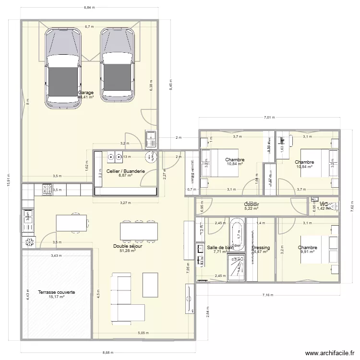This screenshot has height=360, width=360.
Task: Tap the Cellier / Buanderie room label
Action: coord(125,170)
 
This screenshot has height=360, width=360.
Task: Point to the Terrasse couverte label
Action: coord(56,292)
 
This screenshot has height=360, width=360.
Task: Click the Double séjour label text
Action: coord(128,246)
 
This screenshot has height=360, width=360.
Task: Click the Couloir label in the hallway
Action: coord(252,204)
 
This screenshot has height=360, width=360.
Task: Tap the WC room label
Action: coord(324,204)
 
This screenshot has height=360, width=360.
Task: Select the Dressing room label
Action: coord(261,248)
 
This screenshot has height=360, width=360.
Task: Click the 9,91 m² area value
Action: coord(308,252)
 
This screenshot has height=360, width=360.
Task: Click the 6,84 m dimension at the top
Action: coord(89,8)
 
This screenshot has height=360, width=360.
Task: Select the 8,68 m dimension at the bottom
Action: coord(108,352)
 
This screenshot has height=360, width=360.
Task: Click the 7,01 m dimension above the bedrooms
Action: coord(269,118)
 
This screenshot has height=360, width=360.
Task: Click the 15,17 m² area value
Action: coord(56,297)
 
